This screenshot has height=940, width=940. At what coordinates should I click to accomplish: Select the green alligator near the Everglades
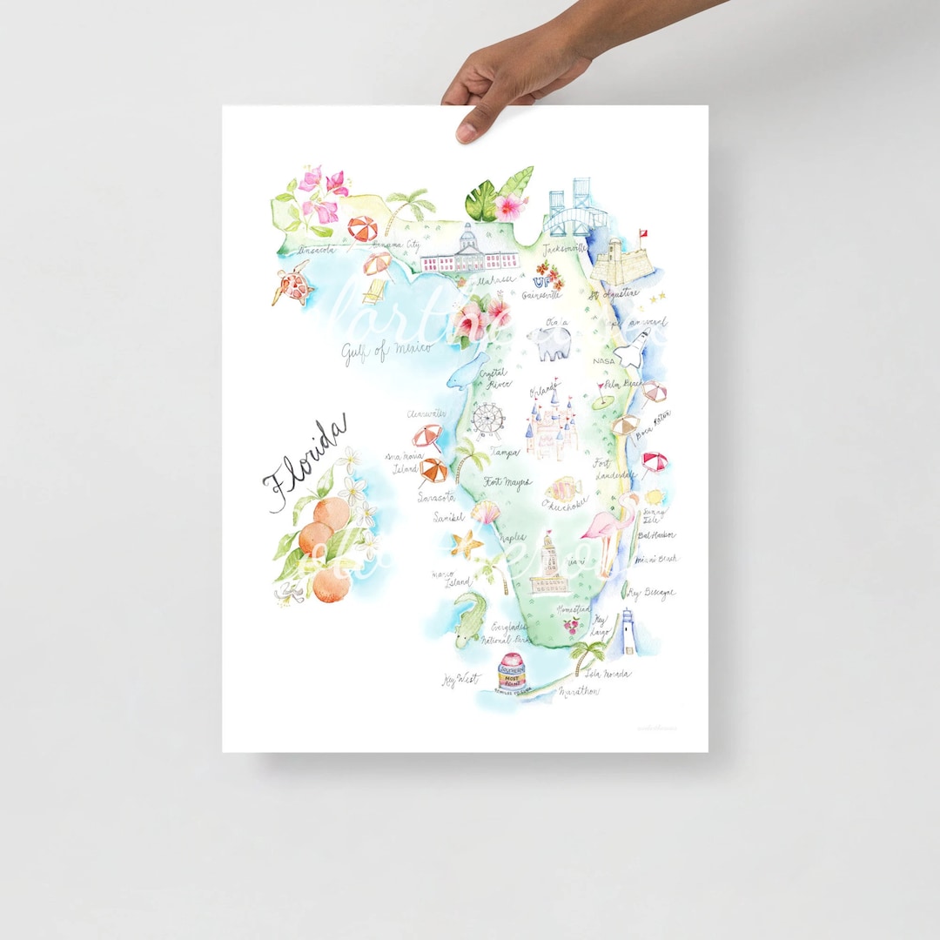(x=471, y=619)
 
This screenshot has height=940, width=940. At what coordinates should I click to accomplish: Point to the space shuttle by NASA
(x=634, y=349)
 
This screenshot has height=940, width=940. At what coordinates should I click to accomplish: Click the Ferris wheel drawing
(x=488, y=420)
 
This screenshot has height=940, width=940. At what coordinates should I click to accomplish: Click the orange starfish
(x=467, y=545)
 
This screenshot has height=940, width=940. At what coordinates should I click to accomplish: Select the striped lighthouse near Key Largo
(x=628, y=632)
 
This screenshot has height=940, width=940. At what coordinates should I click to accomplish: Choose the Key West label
(x=459, y=680)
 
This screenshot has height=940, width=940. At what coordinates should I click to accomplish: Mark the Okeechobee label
(x=565, y=503)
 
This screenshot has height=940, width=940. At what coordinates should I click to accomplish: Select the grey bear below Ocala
(x=554, y=346)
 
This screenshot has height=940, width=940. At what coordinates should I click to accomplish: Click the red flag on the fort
(x=645, y=234)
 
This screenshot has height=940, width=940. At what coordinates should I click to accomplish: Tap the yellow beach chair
(x=375, y=291)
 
